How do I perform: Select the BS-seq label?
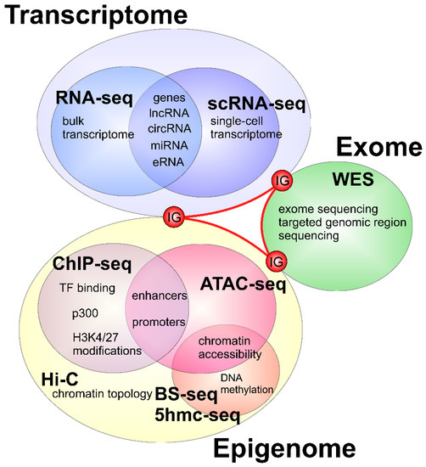pos(190,395)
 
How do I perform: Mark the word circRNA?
pos(169,130)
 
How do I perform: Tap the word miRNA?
pos(169,144)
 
